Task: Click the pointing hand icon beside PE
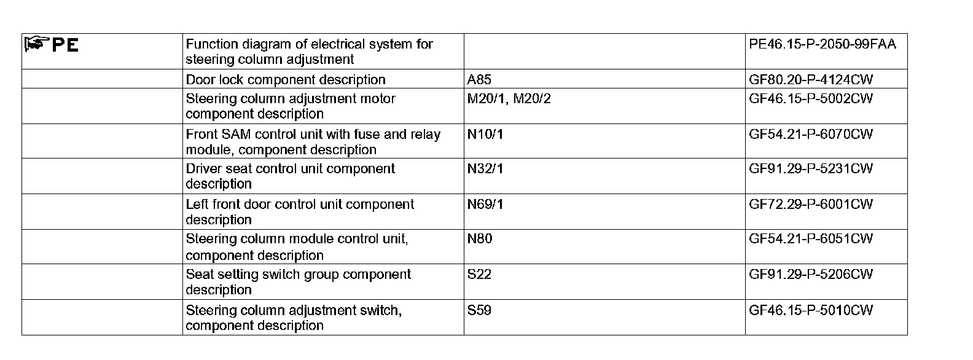pyautogui.click(x=37, y=44)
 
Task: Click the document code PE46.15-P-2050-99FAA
pyautogui.click(x=823, y=44)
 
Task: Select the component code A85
pyautogui.click(x=479, y=80)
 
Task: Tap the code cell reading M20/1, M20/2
pyautogui.click(x=509, y=99)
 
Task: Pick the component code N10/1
pyautogui.click(x=485, y=135)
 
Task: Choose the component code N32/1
pyautogui.click(x=485, y=169)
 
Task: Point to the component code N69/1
pyautogui.click(x=485, y=205)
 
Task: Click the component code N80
pyautogui.click(x=480, y=239)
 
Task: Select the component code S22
pyautogui.click(x=479, y=275)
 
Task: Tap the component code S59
pyautogui.click(x=479, y=310)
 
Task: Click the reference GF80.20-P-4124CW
pyautogui.click(x=811, y=80)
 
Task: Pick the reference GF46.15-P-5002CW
pyautogui.click(x=811, y=99)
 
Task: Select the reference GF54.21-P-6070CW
pyautogui.click(x=811, y=135)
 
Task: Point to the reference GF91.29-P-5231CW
pyautogui.click(x=811, y=169)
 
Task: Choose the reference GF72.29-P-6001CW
pyautogui.click(x=811, y=205)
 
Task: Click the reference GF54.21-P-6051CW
pyautogui.click(x=811, y=239)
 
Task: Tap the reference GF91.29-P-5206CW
pyautogui.click(x=811, y=275)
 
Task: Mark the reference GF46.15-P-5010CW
pyautogui.click(x=811, y=310)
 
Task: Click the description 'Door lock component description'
pyautogui.click(x=286, y=80)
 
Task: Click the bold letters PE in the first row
pyautogui.click(x=65, y=45)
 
